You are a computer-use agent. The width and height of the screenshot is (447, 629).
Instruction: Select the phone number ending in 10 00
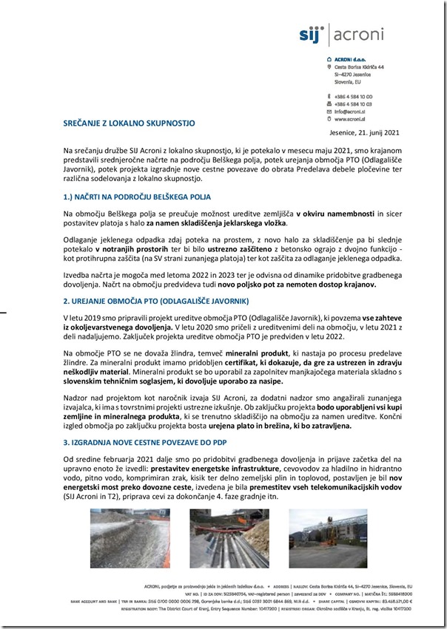[x=353, y=97]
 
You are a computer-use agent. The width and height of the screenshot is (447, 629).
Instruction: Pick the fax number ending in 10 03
[x=353, y=104]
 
